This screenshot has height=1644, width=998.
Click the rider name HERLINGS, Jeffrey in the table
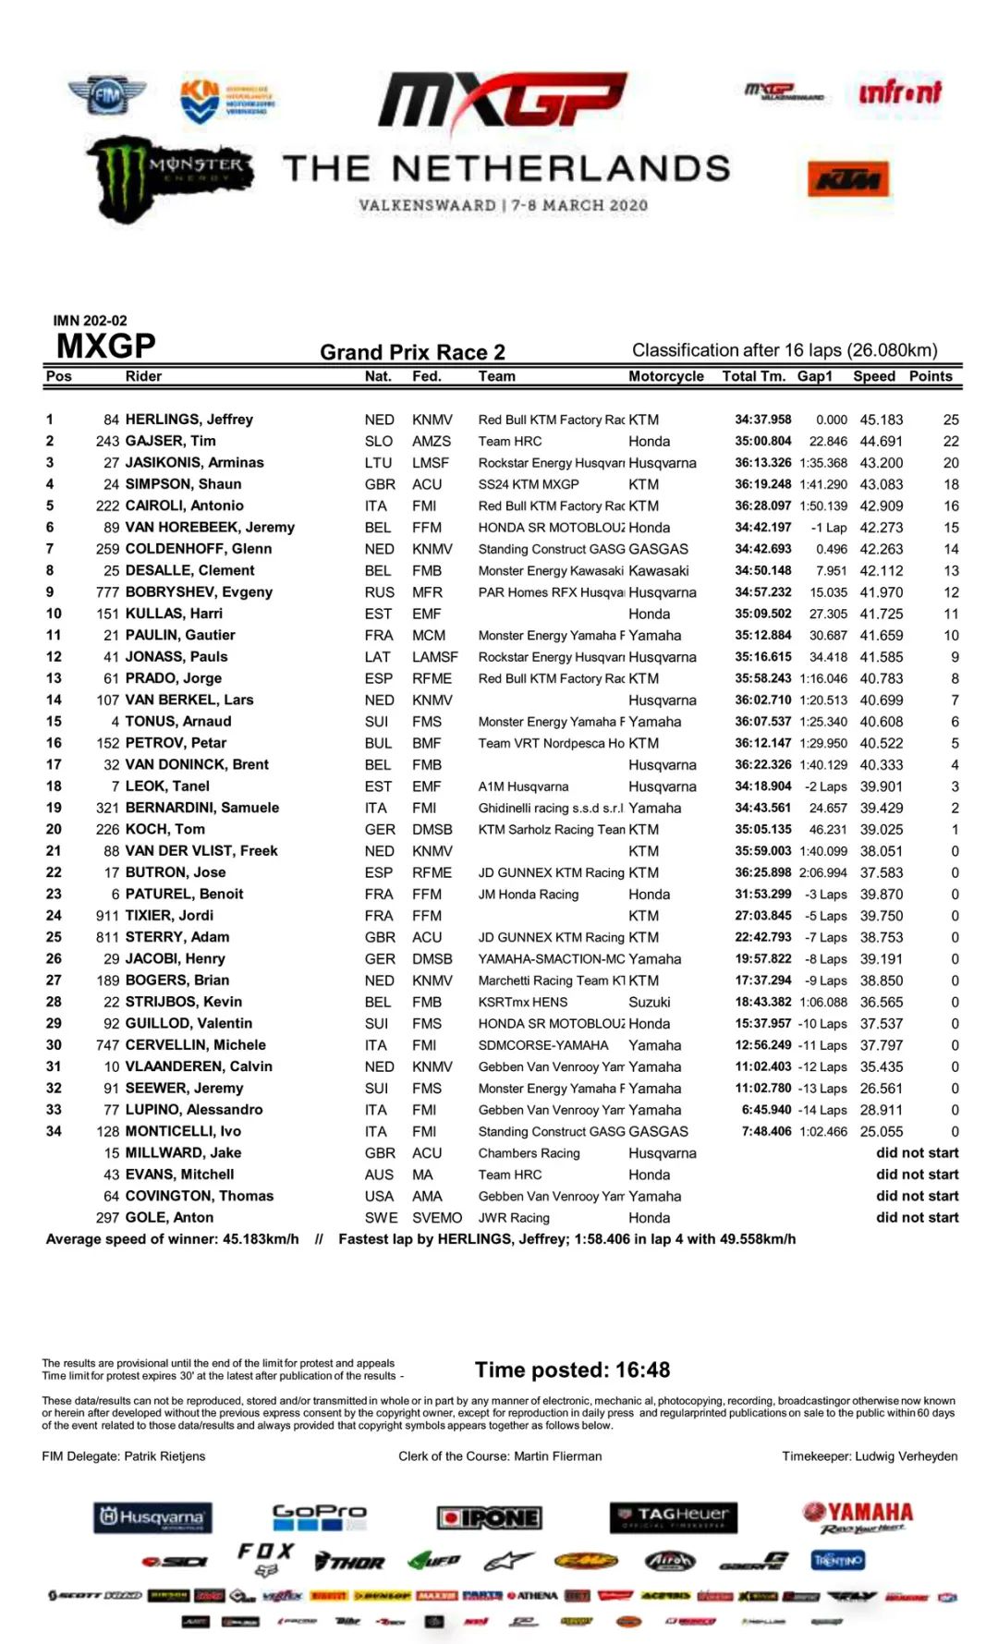189,420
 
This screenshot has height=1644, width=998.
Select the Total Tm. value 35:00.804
762,441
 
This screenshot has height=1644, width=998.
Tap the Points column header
930,376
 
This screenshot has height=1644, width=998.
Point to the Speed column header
873,376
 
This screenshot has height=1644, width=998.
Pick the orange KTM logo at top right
848,179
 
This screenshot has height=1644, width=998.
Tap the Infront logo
899,92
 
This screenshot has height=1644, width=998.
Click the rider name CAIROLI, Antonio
184,505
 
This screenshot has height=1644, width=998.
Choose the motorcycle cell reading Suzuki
649,1002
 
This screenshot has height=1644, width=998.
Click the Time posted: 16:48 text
572,1370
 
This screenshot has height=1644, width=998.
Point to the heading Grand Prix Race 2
412,352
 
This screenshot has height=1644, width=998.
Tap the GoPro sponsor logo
319,1516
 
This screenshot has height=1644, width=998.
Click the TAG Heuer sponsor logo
673,1516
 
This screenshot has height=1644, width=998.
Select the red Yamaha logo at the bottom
858,1516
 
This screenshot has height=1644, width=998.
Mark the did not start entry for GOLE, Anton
917,1217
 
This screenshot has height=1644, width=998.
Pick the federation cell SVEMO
436,1217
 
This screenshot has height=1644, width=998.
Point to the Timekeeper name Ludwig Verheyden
906,1455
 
